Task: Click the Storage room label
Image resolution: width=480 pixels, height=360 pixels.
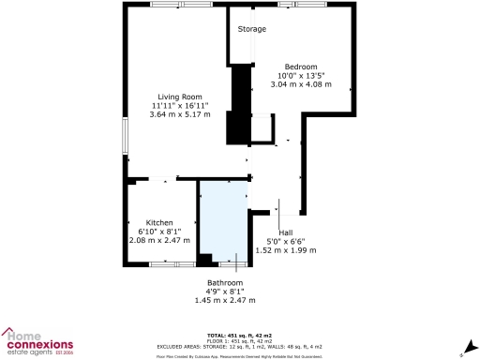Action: click(251, 29)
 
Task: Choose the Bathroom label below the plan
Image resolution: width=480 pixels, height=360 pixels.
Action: click(225, 282)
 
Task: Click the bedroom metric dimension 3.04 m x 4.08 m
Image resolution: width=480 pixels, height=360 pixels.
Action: click(302, 84)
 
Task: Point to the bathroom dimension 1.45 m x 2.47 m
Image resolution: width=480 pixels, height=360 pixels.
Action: click(225, 300)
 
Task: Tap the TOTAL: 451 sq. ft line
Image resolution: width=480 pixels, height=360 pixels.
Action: click(239, 335)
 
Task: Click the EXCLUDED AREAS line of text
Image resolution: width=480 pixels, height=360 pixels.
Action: click(239, 346)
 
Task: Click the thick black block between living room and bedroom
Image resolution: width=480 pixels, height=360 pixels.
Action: click(240, 103)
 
